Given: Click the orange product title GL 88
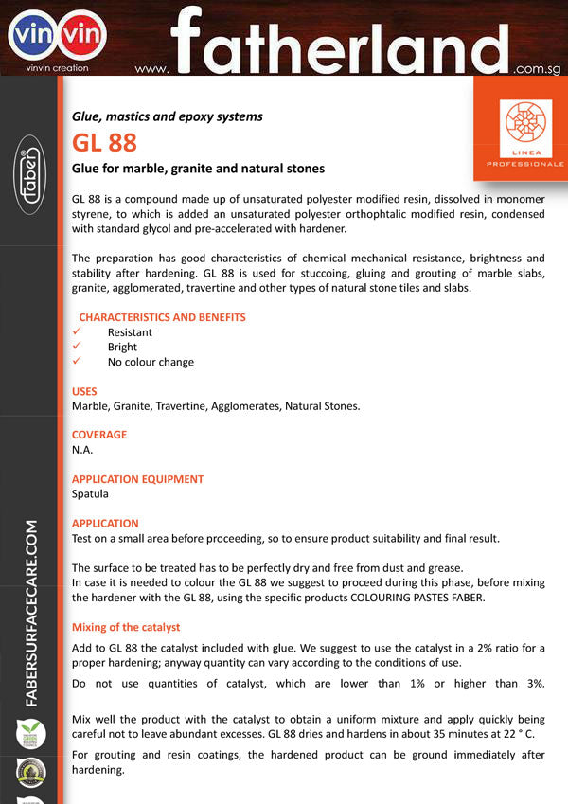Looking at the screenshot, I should pos(104,143).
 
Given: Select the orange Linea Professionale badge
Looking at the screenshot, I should pos(520,129).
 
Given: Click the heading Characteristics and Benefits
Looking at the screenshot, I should pos(162,317).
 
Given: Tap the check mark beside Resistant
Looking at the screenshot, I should pos(79,332).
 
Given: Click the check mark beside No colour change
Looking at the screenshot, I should pos(79,362).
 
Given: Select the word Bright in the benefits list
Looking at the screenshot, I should pos(122,348).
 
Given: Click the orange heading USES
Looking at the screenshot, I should pos(84,391).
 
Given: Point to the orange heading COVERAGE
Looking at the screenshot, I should pos(99,435).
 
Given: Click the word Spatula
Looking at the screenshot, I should pos(90,493).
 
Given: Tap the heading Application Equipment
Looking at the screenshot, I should pos(137,479).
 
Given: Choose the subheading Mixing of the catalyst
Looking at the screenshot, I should pos(126,627).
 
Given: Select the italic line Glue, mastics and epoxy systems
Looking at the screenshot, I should pos(168,116).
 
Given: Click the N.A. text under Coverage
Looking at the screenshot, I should pos(82,450).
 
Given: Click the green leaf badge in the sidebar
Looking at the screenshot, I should pos(30,733).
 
